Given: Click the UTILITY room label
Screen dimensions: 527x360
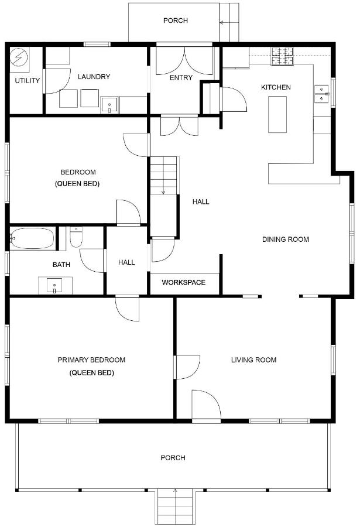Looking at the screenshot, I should click(28, 81).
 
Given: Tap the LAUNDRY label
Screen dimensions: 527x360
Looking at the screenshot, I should click(94, 77).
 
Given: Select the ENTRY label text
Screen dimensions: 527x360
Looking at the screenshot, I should click(181, 78).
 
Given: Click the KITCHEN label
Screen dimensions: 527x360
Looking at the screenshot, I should click(276, 87).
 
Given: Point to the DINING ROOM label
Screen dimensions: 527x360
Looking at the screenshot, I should click(285, 239).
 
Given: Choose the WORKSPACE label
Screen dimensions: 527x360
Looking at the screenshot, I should click(184, 282).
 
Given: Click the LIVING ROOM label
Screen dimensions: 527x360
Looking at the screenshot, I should click(253, 360).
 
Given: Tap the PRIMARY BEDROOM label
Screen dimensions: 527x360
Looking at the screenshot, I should click(91, 360).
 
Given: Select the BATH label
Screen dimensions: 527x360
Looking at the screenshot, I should click(61, 265).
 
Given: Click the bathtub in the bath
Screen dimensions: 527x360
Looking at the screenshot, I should click(32, 239).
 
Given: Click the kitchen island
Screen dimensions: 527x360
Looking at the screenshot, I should click(277, 115).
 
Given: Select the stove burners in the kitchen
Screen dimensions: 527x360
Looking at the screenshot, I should click(282, 56).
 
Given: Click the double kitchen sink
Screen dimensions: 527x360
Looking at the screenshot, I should click(321, 94).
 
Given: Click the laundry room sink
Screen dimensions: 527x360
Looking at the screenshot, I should click(109, 105).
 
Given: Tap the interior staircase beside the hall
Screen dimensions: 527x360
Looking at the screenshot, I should click(163, 175).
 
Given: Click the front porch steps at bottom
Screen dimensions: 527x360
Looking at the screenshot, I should click(175, 507).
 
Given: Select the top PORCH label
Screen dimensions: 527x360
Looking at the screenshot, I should click(176, 20).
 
